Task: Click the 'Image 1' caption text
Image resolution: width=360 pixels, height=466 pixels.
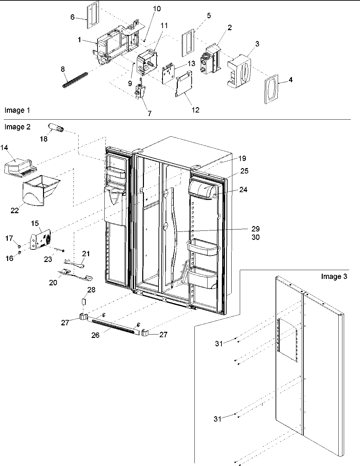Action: (x=15, y=110)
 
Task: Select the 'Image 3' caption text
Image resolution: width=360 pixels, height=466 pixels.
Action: (x=334, y=277)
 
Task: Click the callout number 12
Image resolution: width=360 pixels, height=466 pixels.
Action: (x=195, y=109)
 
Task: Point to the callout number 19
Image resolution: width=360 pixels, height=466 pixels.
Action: (x=242, y=158)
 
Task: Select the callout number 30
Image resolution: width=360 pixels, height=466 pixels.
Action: (x=255, y=237)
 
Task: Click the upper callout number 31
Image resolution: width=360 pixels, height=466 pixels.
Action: (x=219, y=343)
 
